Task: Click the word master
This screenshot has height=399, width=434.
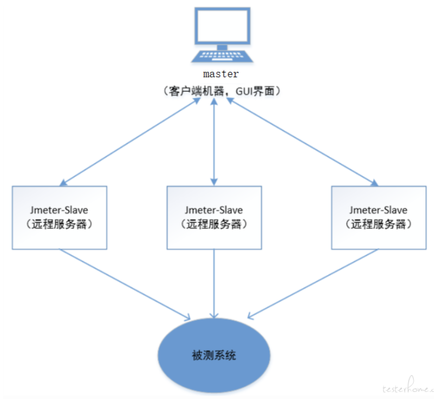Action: [x=221, y=74]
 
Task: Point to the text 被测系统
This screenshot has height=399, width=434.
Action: [x=214, y=354]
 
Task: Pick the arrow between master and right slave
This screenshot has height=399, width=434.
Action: [x=302, y=141]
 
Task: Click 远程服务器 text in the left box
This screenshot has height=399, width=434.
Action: [x=59, y=224]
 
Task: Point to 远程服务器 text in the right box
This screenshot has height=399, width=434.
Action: [x=378, y=224]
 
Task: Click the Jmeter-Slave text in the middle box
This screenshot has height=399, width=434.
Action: [x=214, y=210]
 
